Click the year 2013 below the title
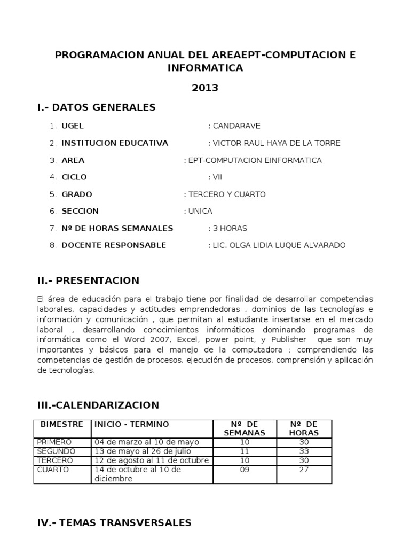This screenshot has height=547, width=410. click(205, 88)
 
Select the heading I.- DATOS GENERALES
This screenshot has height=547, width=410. click(97, 107)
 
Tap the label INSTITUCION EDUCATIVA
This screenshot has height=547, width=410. click(115, 143)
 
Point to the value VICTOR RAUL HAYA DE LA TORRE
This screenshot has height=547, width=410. click(275, 143)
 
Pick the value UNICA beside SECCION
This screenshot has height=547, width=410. click(200, 211)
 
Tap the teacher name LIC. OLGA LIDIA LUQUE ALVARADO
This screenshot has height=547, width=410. click(279, 245)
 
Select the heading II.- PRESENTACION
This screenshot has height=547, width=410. click(88, 280)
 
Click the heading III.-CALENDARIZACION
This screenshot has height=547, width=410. click(98, 405)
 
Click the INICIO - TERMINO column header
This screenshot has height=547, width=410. click(132, 425)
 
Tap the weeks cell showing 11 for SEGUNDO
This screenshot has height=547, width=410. click(244, 451)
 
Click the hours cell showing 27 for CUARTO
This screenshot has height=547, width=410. click(304, 470)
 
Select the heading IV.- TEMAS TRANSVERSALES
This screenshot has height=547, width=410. click(114, 523)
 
